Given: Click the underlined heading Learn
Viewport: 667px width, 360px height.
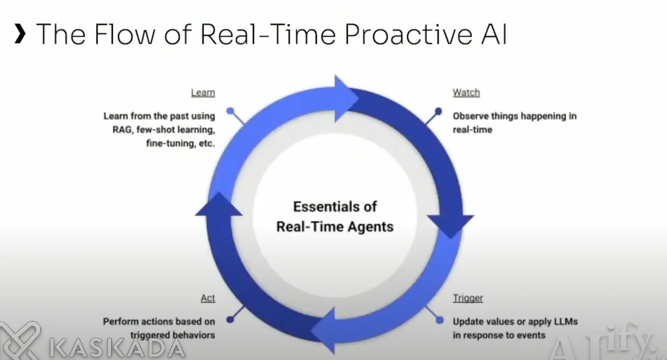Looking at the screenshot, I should [x=203, y=93].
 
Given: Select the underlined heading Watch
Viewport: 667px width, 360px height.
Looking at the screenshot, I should [x=466, y=93].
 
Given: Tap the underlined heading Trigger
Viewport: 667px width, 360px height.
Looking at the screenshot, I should [x=468, y=298].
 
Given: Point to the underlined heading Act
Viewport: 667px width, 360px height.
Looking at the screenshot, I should [x=208, y=298].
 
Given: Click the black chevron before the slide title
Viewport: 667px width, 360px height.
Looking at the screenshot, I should [x=20, y=35].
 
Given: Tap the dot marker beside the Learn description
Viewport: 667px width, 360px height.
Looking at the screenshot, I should [x=230, y=111].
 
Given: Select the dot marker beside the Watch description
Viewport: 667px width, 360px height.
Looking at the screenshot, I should [x=438, y=111].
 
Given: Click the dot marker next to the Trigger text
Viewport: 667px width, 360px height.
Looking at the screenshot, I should [x=440, y=320].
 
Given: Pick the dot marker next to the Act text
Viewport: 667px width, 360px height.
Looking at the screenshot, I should [x=230, y=319].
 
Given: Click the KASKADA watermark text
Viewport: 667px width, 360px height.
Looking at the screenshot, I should [x=117, y=348].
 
